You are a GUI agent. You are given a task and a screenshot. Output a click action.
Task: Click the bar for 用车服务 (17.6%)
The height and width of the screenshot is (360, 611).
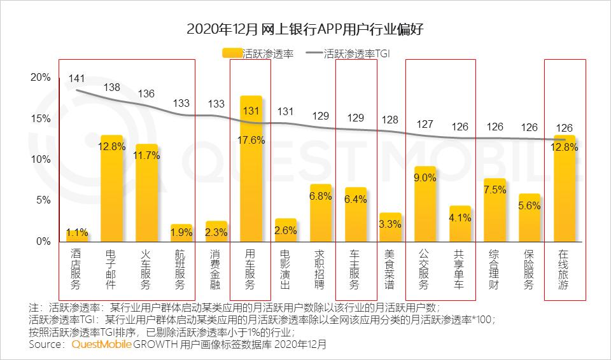[251, 169]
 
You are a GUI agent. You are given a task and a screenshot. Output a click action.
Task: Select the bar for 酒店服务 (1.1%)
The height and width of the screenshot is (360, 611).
[77, 237]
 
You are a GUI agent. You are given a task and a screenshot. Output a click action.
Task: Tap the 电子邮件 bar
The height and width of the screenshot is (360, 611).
[112, 188]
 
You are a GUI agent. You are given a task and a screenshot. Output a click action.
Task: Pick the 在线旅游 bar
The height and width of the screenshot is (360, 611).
[565, 188]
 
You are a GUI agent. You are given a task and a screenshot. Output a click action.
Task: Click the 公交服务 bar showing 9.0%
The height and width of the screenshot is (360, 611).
[425, 204]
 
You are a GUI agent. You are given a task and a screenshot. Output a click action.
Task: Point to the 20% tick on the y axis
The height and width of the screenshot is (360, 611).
[40, 78]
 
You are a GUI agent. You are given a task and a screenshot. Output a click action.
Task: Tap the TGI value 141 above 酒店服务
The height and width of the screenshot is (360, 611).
[77, 78]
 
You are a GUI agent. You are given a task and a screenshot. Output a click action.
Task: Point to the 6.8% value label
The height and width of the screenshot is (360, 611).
[321, 196]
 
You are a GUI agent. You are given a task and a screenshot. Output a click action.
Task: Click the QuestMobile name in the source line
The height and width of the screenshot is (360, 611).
[101, 345]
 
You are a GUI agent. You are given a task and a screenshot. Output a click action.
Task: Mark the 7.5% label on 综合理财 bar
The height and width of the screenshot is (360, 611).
[495, 190]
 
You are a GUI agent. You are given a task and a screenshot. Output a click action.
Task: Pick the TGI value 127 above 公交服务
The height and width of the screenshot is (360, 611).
[425, 124]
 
